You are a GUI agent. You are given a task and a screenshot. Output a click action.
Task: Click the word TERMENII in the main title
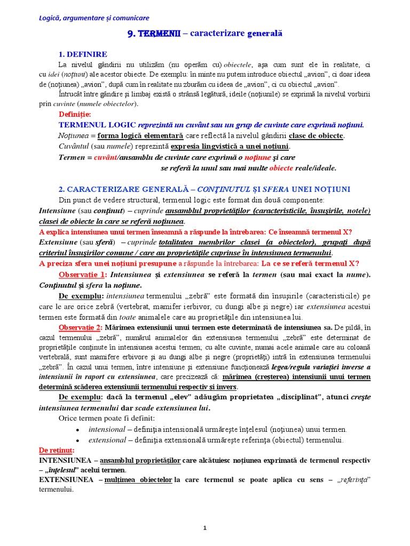pyautogui.click(x=159, y=34)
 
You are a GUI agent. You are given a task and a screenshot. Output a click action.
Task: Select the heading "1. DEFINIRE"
pyautogui.click(x=82, y=54)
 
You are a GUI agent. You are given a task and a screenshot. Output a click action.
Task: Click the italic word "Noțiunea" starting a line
pyautogui.click(x=73, y=136)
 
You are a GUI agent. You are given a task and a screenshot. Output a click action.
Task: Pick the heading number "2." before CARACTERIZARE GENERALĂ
pyautogui.click(x=61, y=189)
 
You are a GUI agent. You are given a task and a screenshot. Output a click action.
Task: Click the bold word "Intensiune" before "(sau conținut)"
pyautogui.click(x=57, y=211)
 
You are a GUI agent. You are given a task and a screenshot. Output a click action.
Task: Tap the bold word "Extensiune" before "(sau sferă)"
pyautogui.click(x=58, y=243)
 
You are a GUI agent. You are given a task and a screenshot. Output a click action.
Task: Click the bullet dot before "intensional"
pyautogui.click(x=78, y=430)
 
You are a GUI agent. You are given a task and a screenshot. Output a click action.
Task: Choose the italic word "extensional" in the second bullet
pyautogui.click(x=107, y=440)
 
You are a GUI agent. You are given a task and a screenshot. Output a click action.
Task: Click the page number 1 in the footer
pyautogui.click(x=204, y=528)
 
